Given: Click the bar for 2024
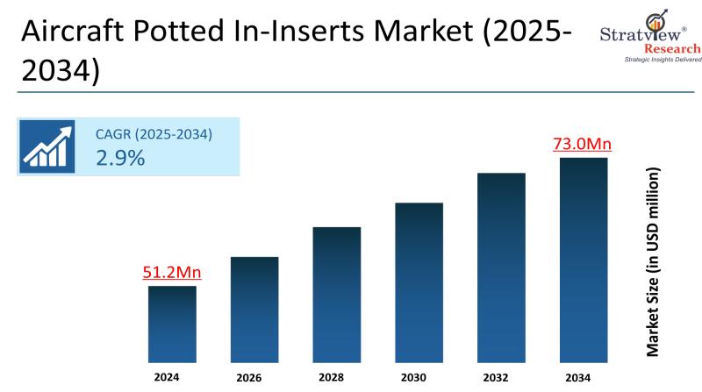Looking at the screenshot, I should click(172, 324).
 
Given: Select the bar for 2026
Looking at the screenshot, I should click(254, 309).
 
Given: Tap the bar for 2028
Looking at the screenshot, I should click(337, 294).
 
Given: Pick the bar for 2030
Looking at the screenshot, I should click(419, 282).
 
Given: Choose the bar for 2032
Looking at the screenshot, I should click(501, 267).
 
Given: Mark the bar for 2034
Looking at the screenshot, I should click(584, 260).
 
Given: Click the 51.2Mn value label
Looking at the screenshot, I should click(172, 273).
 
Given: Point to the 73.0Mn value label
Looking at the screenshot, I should click(583, 144).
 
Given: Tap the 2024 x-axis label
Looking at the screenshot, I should click(167, 378).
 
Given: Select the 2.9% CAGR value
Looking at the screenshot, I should click(120, 158).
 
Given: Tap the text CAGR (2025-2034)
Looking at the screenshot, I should click(154, 134).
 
